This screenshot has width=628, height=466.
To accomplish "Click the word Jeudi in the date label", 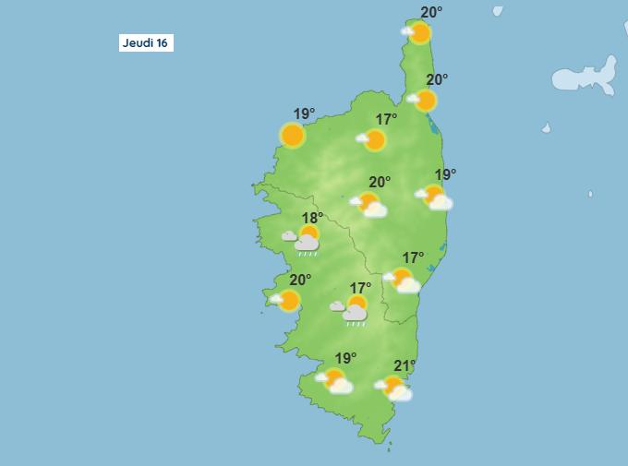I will tap(139, 43).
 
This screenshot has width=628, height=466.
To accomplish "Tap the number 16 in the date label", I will tap(163, 43).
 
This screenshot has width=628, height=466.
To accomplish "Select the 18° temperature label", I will tap(313, 219).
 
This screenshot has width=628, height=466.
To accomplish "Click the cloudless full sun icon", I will tap(293, 136).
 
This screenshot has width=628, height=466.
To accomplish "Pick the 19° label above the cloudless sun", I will tap(305, 114).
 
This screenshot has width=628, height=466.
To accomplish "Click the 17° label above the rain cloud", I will tap(360, 289).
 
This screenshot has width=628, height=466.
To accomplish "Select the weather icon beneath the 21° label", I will tap(395, 388).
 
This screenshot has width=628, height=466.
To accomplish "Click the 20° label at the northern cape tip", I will tap(431, 12).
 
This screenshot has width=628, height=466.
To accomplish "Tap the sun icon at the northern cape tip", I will tap(419, 33).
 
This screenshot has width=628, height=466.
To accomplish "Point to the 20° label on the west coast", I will tap(300, 281).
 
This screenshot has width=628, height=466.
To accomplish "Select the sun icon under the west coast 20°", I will tap(288, 301).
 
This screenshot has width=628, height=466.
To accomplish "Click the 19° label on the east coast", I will tap(446, 174).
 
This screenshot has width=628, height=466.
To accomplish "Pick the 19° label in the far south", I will tap(345, 358).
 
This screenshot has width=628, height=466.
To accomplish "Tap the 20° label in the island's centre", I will tap(380, 182).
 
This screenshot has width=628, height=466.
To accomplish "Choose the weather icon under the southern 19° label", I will tap(336, 380).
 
